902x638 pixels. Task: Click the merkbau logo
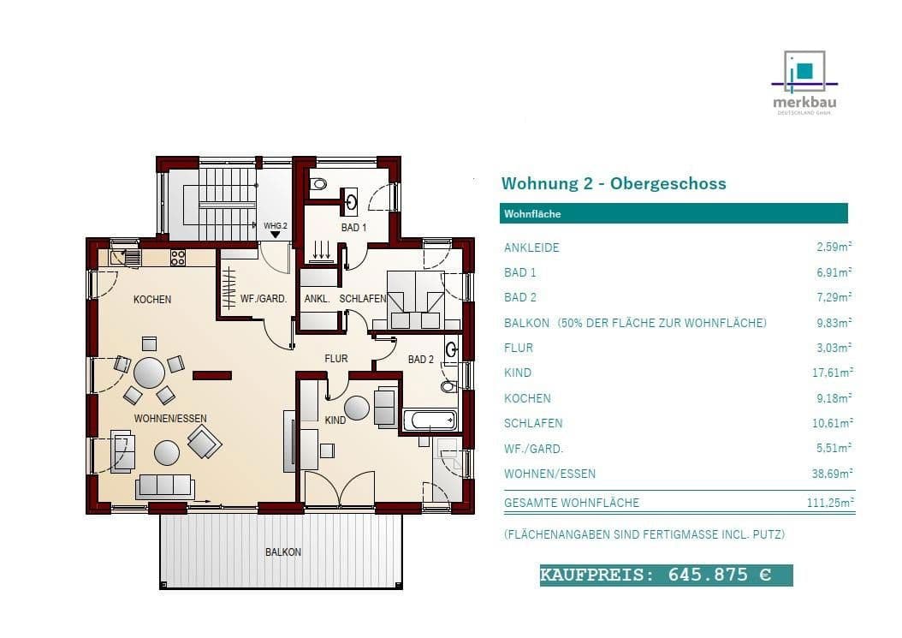pyautogui.click(x=804, y=82)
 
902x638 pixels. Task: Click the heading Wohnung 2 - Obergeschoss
pyautogui.click(x=613, y=183)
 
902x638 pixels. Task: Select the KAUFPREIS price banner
pyautogui.click(x=666, y=575)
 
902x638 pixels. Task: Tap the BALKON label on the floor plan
pyautogui.click(x=282, y=552)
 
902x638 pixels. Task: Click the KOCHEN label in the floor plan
pyautogui.click(x=152, y=300)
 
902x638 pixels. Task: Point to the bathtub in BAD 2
pyautogui.click(x=430, y=420)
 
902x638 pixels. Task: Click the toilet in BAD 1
pyautogui.click(x=318, y=183)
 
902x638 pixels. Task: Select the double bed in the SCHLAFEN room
pyautogui.click(x=415, y=299)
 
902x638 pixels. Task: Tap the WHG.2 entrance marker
pyautogui.click(x=274, y=230)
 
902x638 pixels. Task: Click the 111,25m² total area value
pyautogui.click(x=830, y=503)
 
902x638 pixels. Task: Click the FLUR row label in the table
pyautogui.click(x=519, y=348)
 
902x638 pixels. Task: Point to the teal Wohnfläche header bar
pyautogui.click(x=673, y=213)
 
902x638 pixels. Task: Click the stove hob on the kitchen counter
pyautogui.click(x=178, y=256)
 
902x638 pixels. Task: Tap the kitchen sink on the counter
pyautogui.click(x=130, y=256)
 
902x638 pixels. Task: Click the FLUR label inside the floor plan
pyautogui.click(x=335, y=359)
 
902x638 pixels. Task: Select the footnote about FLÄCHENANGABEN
pyautogui.click(x=644, y=534)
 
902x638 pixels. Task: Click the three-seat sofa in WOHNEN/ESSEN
pyautogui.click(x=164, y=486)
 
